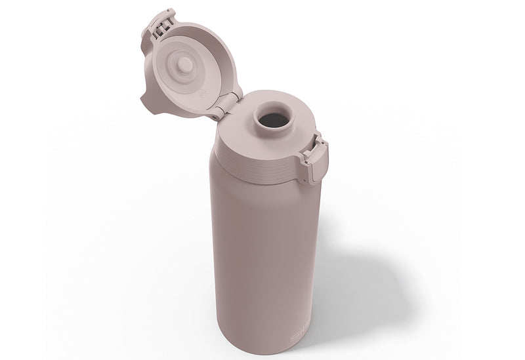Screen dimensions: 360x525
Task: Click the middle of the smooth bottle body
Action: tap(262, 256)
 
